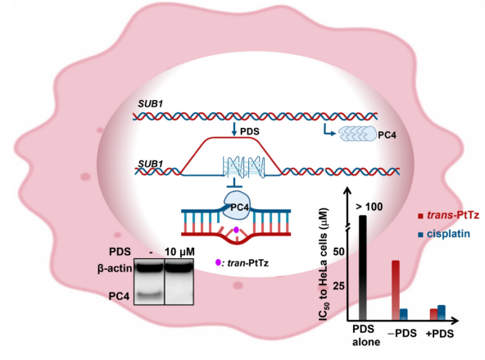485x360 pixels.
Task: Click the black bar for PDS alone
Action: point(362,268)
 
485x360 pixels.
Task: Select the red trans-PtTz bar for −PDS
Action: point(396,290)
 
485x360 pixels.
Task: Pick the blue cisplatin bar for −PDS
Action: point(404,315)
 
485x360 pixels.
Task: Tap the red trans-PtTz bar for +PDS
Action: point(433,315)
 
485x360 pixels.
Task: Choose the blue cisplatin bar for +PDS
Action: point(442,312)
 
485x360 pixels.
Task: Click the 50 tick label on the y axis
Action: point(338,252)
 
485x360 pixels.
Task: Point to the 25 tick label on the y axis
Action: point(338,285)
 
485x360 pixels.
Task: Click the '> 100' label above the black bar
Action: point(369,207)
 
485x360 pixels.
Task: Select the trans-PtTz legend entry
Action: point(448,215)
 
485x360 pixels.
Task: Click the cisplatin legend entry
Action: point(444,234)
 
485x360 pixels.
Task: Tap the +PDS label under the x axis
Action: point(439,334)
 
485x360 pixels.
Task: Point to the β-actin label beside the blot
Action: point(115,268)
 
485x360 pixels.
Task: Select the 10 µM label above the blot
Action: point(179,252)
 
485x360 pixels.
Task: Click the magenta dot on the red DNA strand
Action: point(236,230)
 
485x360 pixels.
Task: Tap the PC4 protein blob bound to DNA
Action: point(237,205)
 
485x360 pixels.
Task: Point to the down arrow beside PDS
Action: point(234,130)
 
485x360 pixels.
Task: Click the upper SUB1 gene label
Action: point(150,103)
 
